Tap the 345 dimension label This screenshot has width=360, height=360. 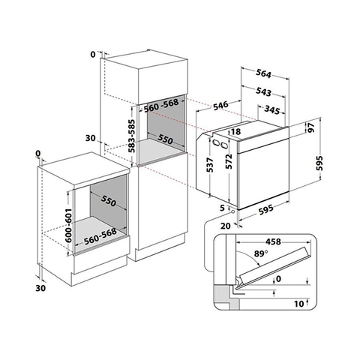(x=273, y=109)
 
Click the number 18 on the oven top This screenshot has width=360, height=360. (x=236, y=132)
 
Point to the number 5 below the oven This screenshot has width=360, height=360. (x=222, y=208)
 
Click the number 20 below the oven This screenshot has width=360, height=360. (x=223, y=223)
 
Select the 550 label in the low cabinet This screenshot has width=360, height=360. (x=109, y=202)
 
